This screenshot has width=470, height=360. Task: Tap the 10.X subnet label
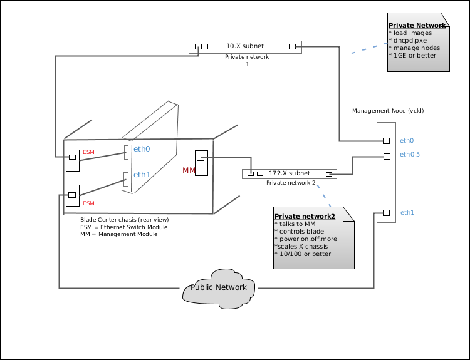coord(245,46)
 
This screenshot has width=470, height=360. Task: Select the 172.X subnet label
coord(290,173)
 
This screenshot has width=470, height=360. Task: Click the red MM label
coord(189,170)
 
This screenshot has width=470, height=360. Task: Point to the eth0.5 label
coord(410,155)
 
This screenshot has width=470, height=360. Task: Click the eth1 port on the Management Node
coord(387,213)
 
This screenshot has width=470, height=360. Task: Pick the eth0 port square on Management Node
coord(387,141)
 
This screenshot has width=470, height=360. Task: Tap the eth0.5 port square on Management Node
coord(387,157)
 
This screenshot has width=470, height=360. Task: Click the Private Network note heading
coord(417,26)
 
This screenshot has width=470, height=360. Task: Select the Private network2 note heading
coord(305,216)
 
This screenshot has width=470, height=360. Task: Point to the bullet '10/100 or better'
coord(305,254)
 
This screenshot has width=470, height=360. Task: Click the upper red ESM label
coord(88,152)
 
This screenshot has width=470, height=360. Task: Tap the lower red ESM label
coord(88,203)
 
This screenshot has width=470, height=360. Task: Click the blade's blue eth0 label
coord(142,149)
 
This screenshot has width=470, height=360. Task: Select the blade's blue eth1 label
coord(142,175)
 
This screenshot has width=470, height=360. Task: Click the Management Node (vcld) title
coord(388,111)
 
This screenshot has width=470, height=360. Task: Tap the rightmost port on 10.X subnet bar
coord(292,46)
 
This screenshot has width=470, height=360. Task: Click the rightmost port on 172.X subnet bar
coord(329,174)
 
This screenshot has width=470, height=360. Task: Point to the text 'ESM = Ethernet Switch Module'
coord(124,227)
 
